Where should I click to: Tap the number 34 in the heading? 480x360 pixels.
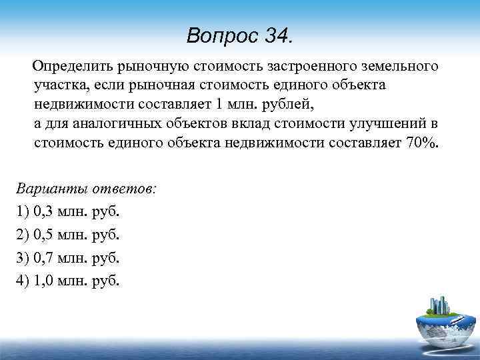pyautogui.click(x=276, y=35)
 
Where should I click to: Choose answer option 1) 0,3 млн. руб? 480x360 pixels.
pyautogui.click(x=67, y=211)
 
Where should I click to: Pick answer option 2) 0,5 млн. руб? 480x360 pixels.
pyautogui.click(x=67, y=235)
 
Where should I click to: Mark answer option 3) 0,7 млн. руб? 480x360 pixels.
pyautogui.click(x=67, y=257)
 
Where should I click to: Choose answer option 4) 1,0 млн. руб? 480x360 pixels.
pyautogui.click(x=67, y=280)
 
